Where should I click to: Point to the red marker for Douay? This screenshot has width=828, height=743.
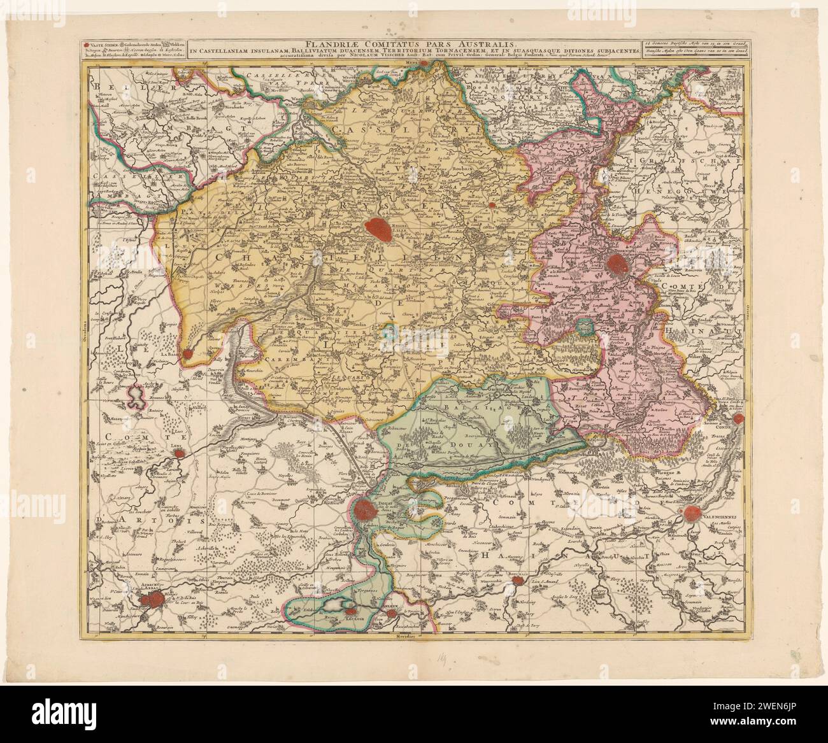click(366, 508)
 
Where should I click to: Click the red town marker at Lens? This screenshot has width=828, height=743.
click(180, 453)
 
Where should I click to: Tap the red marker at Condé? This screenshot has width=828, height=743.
click(738, 418)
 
